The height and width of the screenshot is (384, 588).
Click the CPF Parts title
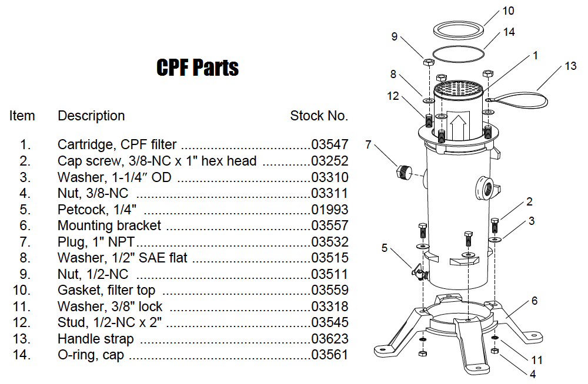[x=198, y=68]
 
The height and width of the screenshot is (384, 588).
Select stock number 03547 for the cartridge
[x=329, y=144]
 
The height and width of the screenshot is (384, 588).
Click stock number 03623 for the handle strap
[x=329, y=339]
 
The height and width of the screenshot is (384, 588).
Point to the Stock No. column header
[x=319, y=116]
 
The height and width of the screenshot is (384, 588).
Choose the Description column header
[x=91, y=116]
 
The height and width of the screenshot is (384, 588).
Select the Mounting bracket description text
[x=109, y=226]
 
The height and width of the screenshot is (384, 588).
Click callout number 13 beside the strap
[x=570, y=66]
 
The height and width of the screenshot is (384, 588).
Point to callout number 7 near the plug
[x=369, y=144]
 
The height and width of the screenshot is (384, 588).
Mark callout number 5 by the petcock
[x=384, y=248]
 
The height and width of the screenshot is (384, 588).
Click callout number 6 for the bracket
[x=534, y=301]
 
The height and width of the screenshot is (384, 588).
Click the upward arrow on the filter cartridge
[x=459, y=125]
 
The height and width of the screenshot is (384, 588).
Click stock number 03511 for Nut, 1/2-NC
[x=329, y=274]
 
